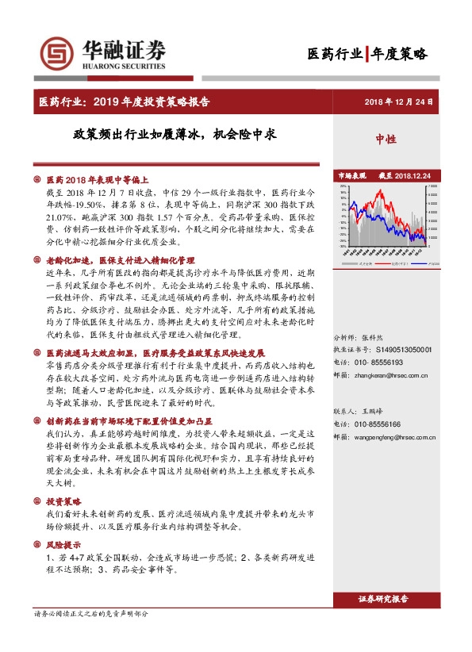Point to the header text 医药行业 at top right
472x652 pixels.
[x=335, y=54]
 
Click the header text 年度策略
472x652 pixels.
[x=399, y=54]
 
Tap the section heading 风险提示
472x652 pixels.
[x=64, y=547]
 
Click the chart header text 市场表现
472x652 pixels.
[x=353, y=175]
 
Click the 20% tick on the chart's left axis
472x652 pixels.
[x=343, y=187]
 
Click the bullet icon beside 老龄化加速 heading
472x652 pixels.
[x=37, y=260]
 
